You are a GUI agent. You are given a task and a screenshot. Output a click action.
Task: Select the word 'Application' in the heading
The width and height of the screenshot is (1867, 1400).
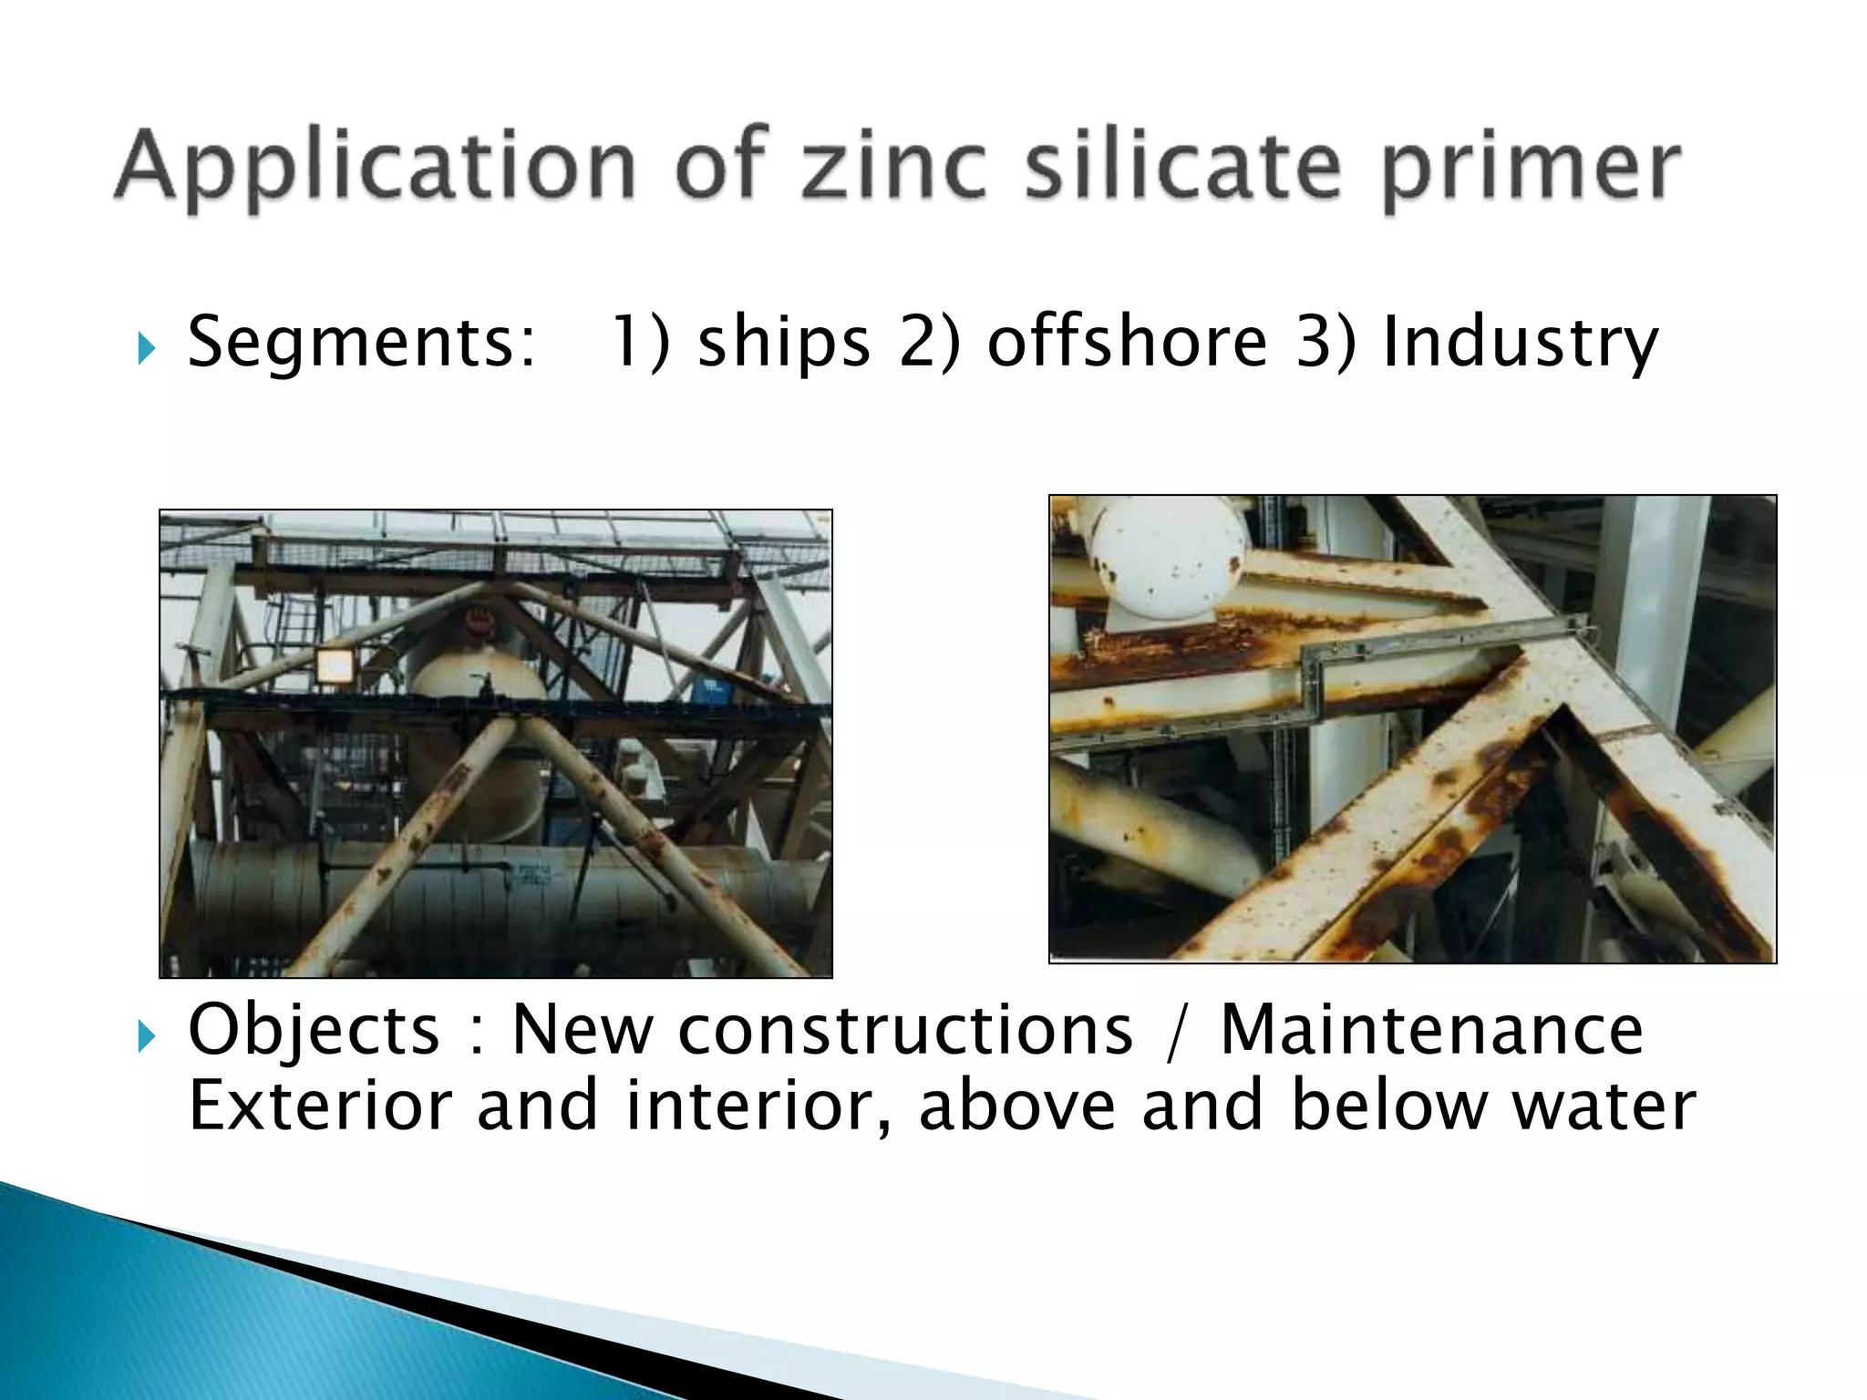[375, 169]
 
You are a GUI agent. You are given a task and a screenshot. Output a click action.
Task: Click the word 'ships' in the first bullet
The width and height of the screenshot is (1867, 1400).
[783, 343]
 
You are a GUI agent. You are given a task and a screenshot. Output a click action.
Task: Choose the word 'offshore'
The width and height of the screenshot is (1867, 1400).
[1127, 341]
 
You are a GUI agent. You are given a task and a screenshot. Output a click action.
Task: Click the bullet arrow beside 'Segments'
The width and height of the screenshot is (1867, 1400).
[147, 347]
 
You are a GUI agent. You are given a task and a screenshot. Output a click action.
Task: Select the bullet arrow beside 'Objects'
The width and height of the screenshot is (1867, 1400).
[147, 1035]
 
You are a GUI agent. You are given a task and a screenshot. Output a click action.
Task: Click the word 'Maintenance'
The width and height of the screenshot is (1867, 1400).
[1431, 1030]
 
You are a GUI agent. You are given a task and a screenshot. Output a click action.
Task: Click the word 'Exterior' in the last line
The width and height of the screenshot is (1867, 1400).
[320, 1106]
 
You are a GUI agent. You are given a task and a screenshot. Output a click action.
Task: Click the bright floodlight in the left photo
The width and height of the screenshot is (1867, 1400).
[335, 666]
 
